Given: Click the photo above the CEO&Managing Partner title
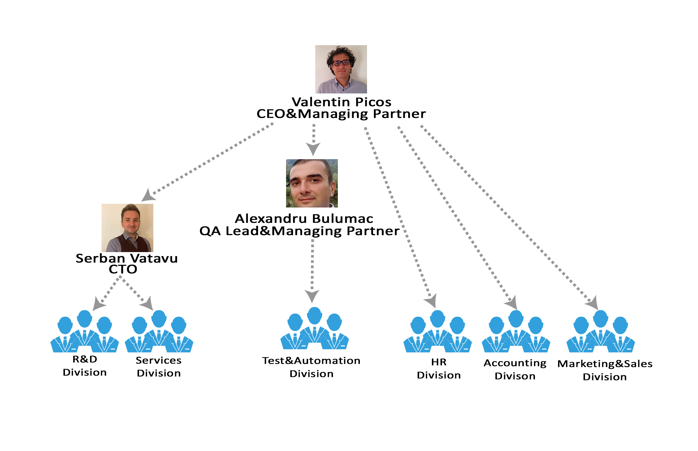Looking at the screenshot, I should pos(341,69).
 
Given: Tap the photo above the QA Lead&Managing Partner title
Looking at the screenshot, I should pos(312,183).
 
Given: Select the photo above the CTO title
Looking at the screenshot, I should pos(127,228).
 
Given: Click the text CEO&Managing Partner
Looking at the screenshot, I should pos(341,114).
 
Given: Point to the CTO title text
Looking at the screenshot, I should pos(123,269).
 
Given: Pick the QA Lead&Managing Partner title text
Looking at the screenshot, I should pos(299,231).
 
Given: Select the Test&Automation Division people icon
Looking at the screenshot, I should pos(314,328).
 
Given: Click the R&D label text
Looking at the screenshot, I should pos(85,359).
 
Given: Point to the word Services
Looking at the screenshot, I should pos(158,360).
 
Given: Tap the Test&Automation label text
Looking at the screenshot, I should pos(311,361).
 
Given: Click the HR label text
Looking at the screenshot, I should pos(439,362).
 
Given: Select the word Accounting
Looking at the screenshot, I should pos(515,363).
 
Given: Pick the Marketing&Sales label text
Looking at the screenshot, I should pos(605,364).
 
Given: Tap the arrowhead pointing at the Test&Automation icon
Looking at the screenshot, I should pos(312,296).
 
